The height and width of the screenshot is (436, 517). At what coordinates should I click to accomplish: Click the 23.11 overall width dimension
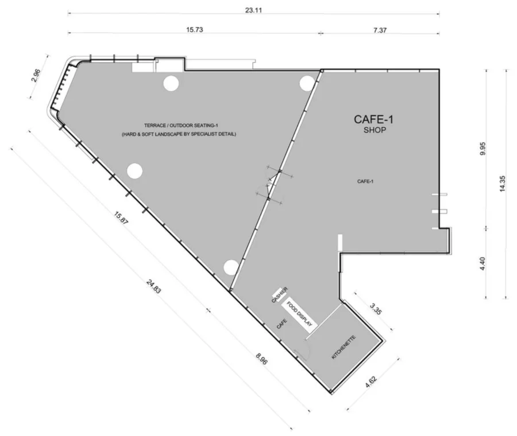[253, 10]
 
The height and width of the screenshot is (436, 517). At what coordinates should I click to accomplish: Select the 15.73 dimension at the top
[195, 30]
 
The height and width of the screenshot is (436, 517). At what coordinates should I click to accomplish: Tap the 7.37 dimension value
[380, 30]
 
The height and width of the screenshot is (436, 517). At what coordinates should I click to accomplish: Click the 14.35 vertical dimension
[502, 184]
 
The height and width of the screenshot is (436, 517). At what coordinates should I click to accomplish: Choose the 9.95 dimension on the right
[483, 149]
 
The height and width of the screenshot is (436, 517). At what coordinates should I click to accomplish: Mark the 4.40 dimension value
[482, 264]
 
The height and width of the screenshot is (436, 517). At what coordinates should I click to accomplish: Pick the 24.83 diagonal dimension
[153, 286]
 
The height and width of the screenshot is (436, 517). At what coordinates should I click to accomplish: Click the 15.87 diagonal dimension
[121, 218]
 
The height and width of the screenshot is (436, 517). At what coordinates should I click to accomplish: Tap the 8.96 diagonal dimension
[261, 359]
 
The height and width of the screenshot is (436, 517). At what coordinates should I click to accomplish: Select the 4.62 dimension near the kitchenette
[371, 382]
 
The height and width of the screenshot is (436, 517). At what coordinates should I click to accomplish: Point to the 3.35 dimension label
[376, 309]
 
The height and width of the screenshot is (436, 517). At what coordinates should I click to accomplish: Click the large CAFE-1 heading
[373, 119]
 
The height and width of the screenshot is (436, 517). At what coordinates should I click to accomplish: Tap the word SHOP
[375, 130]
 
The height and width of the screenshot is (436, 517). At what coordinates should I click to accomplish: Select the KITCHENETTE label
[344, 347]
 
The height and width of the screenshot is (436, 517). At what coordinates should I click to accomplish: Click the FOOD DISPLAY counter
[299, 314]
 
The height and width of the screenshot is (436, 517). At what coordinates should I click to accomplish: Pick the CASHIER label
[280, 295]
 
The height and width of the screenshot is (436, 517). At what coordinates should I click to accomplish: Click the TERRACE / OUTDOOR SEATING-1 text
[181, 126]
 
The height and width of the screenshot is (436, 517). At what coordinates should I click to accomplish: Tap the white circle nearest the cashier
[231, 267]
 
